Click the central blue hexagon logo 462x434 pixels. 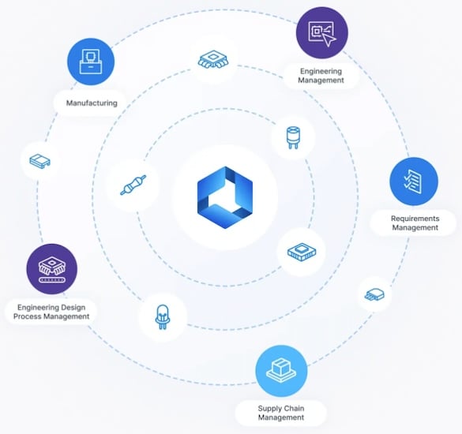pyautogui.click(x=225, y=197)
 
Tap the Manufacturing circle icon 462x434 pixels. pyautogui.click(x=91, y=62)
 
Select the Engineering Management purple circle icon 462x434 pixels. pyautogui.click(x=322, y=32)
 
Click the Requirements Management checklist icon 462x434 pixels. pyautogui.click(x=414, y=181)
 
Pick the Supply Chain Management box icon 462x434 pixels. pyautogui.click(x=281, y=371)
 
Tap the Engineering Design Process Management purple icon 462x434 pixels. pyautogui.click(x=52, y=269)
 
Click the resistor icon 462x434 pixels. pyautogui.click(x=133, y=185)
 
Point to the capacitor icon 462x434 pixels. pyautogui.click(x=293, y=137)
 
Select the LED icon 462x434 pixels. pyautogui.click(x=162, y=316)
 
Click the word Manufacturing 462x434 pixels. pyautogui.click(x=92, y=103)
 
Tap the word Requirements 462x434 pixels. pyautogui.click(x=415, y=219)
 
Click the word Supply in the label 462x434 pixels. pyautogui.click(x=267, y=409)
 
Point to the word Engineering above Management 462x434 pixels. pyautogui.click(x=321, y=71)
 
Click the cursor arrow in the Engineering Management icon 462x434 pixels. pyautogui.click(x=329, y=39)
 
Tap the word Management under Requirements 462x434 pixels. pyautogui.click(x=415, y=227)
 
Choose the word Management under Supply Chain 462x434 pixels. pyautogui.click(x=281, y=417)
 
